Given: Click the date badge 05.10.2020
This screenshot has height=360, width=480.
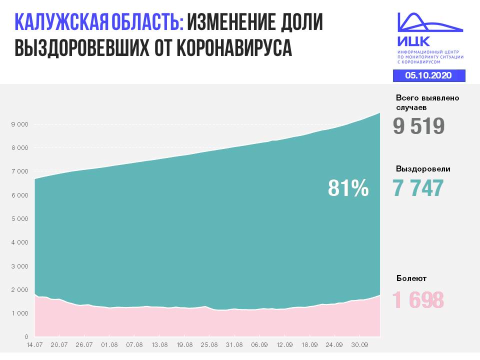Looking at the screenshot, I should pyautogui.click(x=428, y=75).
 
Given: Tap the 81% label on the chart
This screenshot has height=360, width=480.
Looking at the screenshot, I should pyautogui.click(x=348, y=189).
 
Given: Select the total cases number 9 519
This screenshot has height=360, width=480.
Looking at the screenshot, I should pyautogui.click(x=418, y=126).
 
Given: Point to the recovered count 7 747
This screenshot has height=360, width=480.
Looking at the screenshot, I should pyautogui.click(x=418, y=188).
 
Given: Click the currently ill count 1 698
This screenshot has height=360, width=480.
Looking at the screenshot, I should pyautogui.click(x=418, y=300).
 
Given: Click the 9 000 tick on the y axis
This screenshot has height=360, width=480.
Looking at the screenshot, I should pyautogui.click(x=20, y=124).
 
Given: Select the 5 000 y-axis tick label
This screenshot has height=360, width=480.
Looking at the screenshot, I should pyautogui.click(x=20, y=218).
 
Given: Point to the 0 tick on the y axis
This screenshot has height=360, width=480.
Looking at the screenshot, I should pyautogui.click(x=26, y=337).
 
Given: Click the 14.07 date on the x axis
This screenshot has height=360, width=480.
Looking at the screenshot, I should pyautogui.click(x=34, y=345).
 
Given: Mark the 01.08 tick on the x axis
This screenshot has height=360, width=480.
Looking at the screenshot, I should pyautogui.click(x=109, y=345).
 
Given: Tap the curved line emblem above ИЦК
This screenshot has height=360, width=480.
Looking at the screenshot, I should pyautogui.click(x=429, y=22).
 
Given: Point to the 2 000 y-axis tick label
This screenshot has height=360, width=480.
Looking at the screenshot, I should pyautogui.click(x=20, y=289).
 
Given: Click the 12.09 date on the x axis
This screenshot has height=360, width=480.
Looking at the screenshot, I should pyautogui.click(x=284, y=345).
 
